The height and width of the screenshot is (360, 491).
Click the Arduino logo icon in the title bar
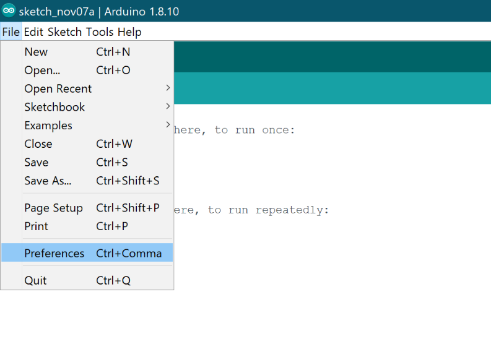(9, 11)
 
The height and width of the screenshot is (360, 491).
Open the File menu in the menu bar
(11, 32)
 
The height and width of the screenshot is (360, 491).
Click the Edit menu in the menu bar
(33, 32)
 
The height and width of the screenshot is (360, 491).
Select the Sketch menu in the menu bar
(65, 32)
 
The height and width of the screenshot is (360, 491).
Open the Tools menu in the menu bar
(100, 32)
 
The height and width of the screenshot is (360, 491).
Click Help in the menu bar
(129, 32)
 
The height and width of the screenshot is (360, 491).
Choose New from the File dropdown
(36, 52)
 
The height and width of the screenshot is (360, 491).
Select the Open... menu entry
(42, 71)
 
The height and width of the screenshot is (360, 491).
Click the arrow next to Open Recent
(168, 88)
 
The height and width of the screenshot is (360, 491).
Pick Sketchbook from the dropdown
(55, 107)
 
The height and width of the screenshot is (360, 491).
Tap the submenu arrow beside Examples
(168, 125)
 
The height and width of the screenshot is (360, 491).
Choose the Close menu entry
(38, 144)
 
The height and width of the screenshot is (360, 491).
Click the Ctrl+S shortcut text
(112, 162)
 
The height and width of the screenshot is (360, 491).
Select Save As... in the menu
(48, 181)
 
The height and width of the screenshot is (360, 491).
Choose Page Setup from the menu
(53, 208)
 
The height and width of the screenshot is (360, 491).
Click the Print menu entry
(37, 226)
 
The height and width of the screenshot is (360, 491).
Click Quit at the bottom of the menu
(36, 281)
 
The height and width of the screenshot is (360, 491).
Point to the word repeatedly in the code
(292, 210)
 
